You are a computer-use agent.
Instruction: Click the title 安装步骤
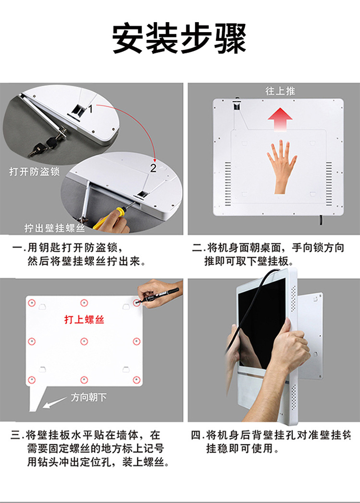[179, 39]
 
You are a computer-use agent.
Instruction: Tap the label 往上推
[280, 91]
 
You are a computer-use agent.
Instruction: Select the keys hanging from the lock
[43, 146]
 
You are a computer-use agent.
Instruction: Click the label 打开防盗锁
[35, 172]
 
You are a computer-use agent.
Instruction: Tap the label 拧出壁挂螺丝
[55, 228]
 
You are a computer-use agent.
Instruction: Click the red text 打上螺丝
[84, 319]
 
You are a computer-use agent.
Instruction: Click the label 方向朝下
[89, 397]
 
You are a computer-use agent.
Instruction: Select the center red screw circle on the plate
[84, 341]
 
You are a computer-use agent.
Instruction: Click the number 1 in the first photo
[91, 109]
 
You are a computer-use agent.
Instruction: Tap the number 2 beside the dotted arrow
[153, 168]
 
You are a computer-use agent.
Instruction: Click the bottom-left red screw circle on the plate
[31, 380]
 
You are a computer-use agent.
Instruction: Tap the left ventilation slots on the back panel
[228, 184]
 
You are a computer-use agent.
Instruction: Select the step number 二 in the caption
[196, 248]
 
